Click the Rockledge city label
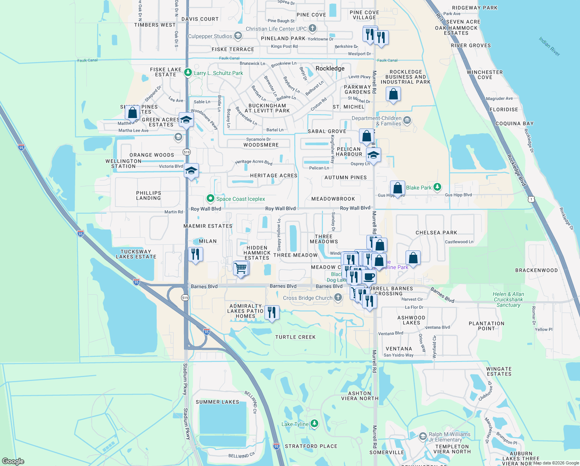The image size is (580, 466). click(x=330, y=68)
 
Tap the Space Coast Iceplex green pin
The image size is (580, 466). click(x=210, y=198)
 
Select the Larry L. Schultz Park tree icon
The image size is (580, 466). click(x=188, y=72)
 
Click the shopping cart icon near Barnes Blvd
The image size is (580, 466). click(x=241, y=268)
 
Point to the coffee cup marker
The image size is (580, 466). click(x=369, y=276)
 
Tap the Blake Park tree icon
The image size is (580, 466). click(x=437, y=187)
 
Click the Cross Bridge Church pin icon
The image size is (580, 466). click(x=338, y=298)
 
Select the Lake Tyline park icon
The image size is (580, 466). click(x=314, y=424)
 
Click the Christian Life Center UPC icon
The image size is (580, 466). click(x=312, y=28)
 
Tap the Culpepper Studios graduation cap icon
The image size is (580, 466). click(x=238, y=36)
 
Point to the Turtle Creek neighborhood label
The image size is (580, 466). click(x=295, y=337)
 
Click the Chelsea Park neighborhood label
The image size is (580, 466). click(x=436, y=233)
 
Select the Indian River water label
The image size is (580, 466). click(x=549, y=46)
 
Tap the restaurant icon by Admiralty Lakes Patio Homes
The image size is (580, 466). click(x=272, y=313)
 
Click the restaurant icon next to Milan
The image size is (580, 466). click(x=195, y=254)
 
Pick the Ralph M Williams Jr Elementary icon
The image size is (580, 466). click(x=423, y=436)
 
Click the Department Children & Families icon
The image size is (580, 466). click(x=407, y=120)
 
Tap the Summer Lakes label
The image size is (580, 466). click(x=217, y=402)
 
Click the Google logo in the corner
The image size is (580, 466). click(x=13, y=461)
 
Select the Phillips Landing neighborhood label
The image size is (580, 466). click(x=148, y=195)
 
